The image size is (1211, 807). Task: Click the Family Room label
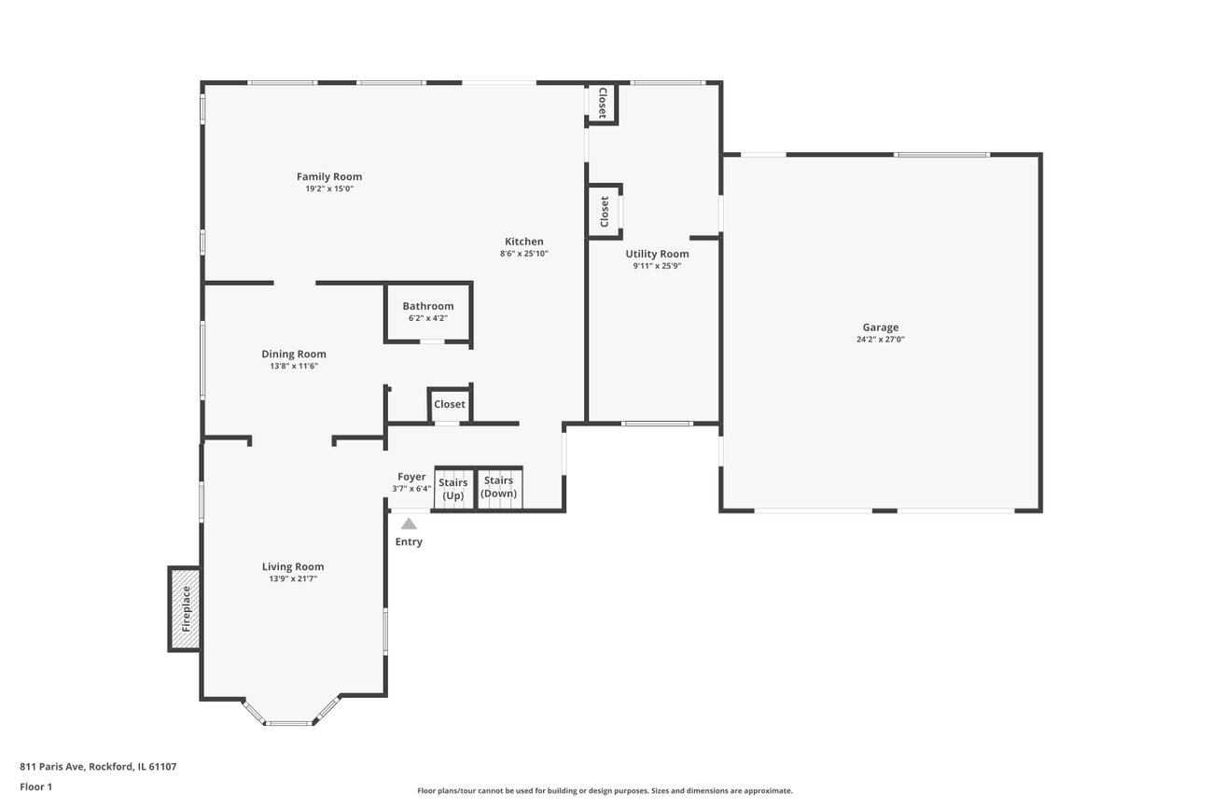tap(329, 176)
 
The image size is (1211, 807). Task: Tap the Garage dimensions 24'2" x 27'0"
tap(880, 340)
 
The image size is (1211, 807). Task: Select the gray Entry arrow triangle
tap(409, 523)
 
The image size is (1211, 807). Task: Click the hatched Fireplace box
tap(184, 609)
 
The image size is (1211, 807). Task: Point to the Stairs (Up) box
tap(454, 488)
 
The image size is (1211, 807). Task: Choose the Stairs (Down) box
tap(499, 488)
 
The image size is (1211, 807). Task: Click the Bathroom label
tap(428, 307)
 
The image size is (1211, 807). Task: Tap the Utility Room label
tap(657, 254)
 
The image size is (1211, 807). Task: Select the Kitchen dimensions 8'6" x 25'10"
tap(524, 254)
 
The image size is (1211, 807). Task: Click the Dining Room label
tap(294, 354)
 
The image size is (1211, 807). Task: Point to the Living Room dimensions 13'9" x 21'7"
tap(293, 579)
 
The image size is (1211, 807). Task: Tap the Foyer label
tap(411, 477)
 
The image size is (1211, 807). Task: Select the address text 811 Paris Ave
tap(52, 767)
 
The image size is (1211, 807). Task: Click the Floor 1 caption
tap(36, 786)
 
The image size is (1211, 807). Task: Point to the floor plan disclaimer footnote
tap(605, 791)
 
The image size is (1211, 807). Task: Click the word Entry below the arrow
tap(409, 542)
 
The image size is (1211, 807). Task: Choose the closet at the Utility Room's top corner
tap(602, 103)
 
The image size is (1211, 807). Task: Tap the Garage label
tap(880, 327)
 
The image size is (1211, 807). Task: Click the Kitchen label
tap(524, 242)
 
